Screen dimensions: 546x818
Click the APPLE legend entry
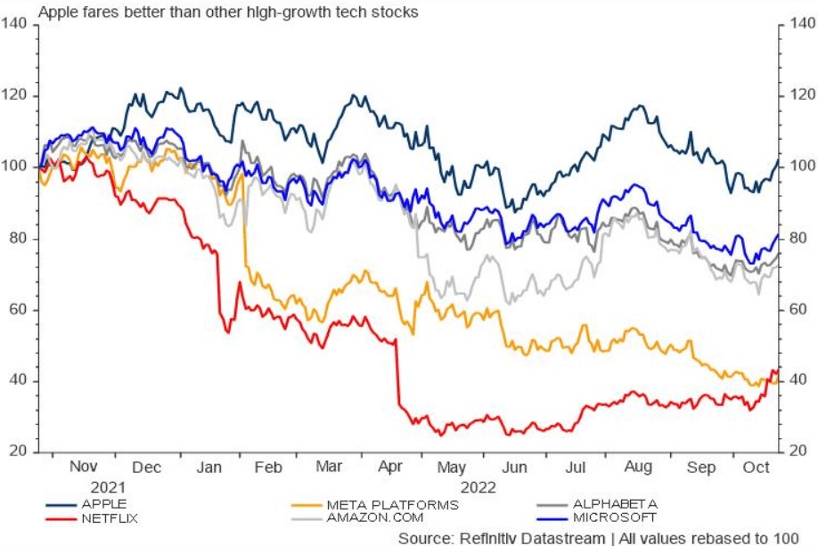tap(103, 503)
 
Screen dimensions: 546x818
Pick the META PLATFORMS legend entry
tap(391, 504)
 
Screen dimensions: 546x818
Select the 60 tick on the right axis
tap(797, 310)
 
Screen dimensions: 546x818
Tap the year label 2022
tap(475, 487)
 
